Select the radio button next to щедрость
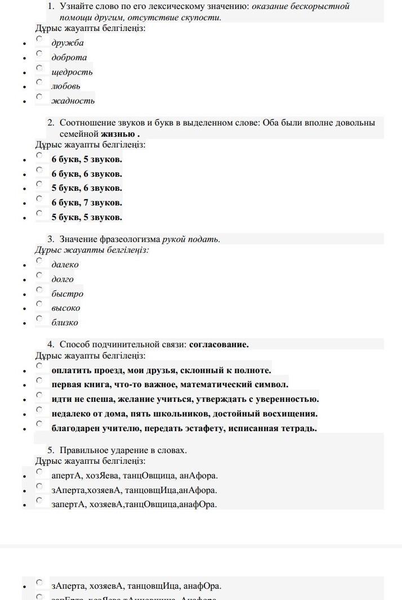click(x=39, y=68)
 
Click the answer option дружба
click(x=67, y=43)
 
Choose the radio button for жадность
click(x=39, y=97)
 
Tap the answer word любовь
click(x=65, y=86)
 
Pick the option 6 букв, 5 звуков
click(x=87, y=159)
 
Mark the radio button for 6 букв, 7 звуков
click(x=39, y=199)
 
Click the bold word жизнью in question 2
click(x=118, y=134)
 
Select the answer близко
click(x=64, y=323)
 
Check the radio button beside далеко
click(x=39, y=261)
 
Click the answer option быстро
click(x=67, y=294)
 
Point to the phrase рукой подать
click(x=191, y=239)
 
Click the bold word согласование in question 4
click(x=218, y=344)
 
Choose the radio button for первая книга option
click(x=39, y=380)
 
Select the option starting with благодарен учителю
click(x=184, y=428)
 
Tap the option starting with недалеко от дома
click(x=184, y=414)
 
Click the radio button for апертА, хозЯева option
click(x=39, y=472)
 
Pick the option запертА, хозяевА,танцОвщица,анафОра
click(x=133, y=504)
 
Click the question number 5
click(x=51, y=450)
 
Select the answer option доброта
click(x=69, y=57)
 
